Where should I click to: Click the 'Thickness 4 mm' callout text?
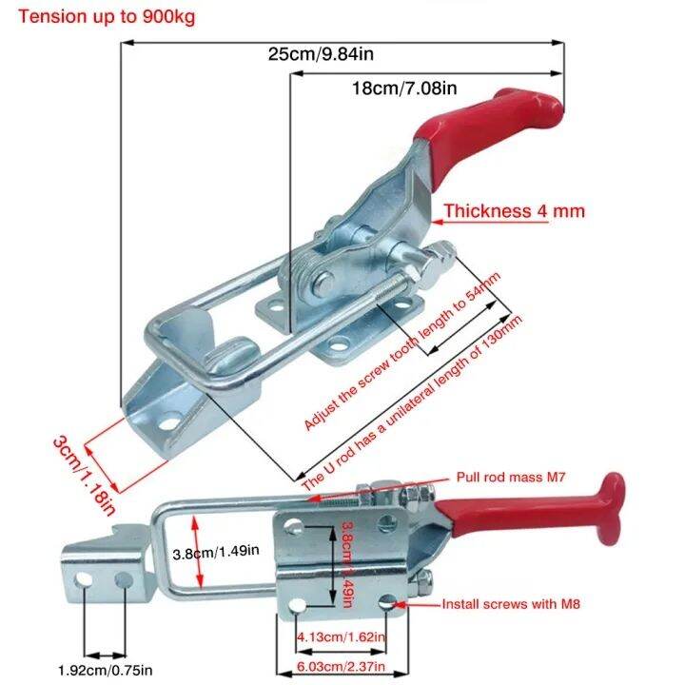pyautogui.click(x=514, y=211)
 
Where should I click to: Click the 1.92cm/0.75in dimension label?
pyautogui.click(x=106, y=670)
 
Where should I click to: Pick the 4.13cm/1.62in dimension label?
pyautogui.click(x=340, y=636)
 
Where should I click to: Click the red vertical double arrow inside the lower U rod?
pyautogui.click(x=197, y=553)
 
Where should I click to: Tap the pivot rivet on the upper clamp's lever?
pyautogui.click(x=323, y=281)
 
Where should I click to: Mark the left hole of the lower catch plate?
pyautogui.click(x=88, y=578)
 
